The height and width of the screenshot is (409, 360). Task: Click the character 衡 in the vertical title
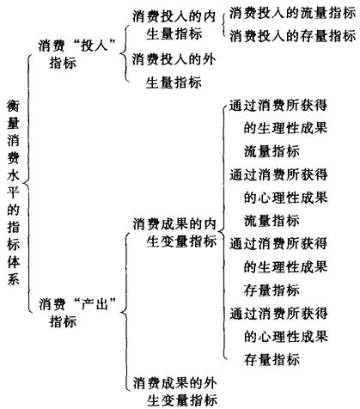[13, 106]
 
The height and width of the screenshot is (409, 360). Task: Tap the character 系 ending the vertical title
[13, 278]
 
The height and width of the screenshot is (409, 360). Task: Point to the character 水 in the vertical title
[13, 174]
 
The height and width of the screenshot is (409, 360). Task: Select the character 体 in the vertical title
[13, 260]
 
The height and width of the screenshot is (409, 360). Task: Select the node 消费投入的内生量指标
[174, 25]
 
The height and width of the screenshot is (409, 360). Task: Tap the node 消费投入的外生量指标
[174, 71]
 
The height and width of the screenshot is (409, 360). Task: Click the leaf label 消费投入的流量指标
[292, 13]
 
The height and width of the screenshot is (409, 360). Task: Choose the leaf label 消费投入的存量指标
[292, 36]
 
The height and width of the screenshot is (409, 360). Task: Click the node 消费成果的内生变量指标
[174, 233]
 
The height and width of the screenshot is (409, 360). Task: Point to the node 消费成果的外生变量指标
[175, 391]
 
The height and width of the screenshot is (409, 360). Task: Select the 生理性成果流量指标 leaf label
[278, 128]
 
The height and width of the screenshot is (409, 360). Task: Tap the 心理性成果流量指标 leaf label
[278, 198]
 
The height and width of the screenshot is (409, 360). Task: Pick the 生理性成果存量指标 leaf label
[278, 266]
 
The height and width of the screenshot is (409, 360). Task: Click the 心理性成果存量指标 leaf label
[278, 336]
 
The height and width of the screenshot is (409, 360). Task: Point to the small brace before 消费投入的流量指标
[223, 25]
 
